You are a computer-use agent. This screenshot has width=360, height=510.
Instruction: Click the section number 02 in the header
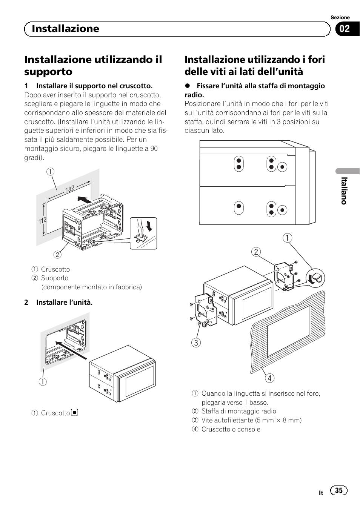[x=345, y=29]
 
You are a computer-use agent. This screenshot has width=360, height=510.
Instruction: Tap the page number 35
[x=339, y=490]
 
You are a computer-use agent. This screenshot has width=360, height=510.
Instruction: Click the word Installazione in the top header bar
[x=65, y=29]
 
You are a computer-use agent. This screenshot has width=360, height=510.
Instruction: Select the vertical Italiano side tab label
[x=343, y=191]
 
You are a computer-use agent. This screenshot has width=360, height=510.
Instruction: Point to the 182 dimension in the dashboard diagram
[x=70, y=189]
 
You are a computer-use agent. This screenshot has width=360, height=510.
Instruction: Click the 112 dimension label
[x=42, y=221]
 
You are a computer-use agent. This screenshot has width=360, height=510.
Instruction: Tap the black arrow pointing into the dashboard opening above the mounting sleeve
[x=84, y=200]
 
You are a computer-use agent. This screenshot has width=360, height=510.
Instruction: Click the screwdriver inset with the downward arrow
[x=143, y=233]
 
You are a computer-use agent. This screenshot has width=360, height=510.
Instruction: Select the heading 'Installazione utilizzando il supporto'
[x=93, y=65]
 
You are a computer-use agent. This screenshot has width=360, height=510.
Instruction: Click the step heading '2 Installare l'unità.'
[x=58, y=302]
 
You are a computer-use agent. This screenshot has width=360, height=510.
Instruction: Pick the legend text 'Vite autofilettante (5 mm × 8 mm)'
[x=251, y=420]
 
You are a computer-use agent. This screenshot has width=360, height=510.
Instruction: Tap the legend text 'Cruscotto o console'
[x=231, y=429]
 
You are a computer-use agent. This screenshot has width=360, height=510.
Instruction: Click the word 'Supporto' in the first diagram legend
[x=55, y=278]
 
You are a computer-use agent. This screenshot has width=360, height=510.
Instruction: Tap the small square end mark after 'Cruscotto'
[x=75, y=412]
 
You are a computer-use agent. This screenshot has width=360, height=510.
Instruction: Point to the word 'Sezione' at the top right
[x=340, y=17]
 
